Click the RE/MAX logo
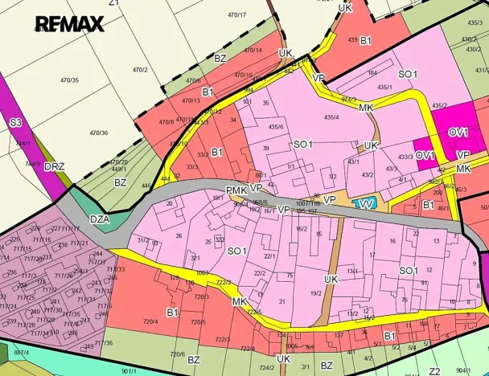pos(69,23)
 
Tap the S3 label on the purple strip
pos(15,124)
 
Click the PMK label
pos(235,190)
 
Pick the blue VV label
pos(366,204)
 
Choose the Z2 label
pos(434,370)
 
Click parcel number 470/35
pos(69,80)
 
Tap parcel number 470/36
pos(99,133)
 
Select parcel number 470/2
pos(140,70)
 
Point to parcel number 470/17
pos(236,14)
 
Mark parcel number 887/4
pos(19,353)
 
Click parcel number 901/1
pos(129,371)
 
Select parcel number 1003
pos(203,274)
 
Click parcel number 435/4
pos(331,117)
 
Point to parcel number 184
pos(372,73)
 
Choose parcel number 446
pos(146,185)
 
